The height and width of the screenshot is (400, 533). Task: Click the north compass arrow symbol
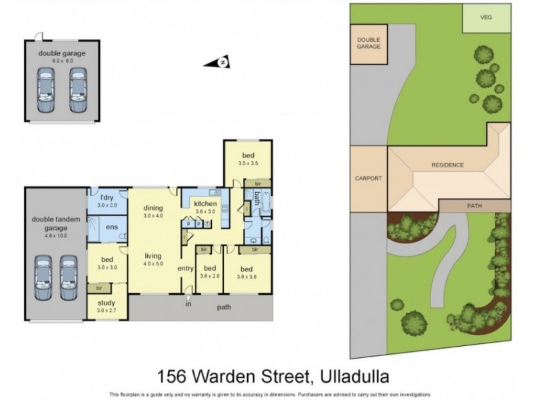pos(223,63)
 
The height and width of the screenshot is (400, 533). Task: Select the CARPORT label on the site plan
pos(368,179)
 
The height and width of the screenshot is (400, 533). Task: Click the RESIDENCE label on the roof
pos(447,165)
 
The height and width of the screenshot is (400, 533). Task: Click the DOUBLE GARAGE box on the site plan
pos(368,45)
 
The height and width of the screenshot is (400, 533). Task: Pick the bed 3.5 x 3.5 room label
pos(248,158)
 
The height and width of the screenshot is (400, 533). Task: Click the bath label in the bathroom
pos(257,198)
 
